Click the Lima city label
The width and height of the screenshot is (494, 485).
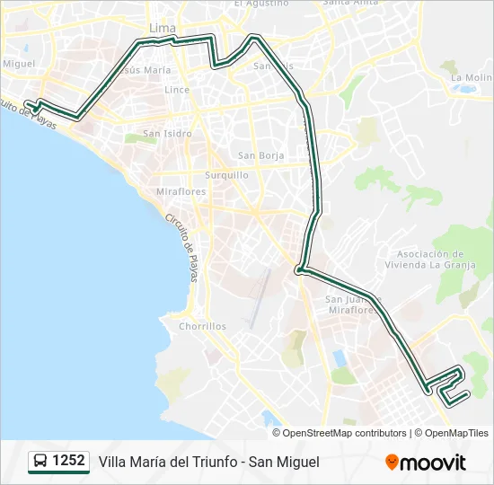pyautogui.click(x=163, y=29)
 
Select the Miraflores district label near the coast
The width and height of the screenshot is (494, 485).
pyautogui.click(x=181, y=191)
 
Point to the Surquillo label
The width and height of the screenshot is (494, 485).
pyautogui.click(x=226, y=175)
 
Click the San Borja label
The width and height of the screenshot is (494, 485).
pyautogui.click(x=260, y=155)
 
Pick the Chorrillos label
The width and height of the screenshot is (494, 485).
pyautogui.click(x=202, y=326)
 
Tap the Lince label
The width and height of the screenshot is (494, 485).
pyautogui.click(x=176, y=90)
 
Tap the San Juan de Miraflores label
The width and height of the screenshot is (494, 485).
pyautogui.click(x=352, y=304)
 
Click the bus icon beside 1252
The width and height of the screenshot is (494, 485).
pyautogui.click(x=40, y=462)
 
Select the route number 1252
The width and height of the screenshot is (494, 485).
pyautogui.click(x=69, y=461)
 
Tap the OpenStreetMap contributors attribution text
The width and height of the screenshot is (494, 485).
pyautogui.click(x=345, y=433)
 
